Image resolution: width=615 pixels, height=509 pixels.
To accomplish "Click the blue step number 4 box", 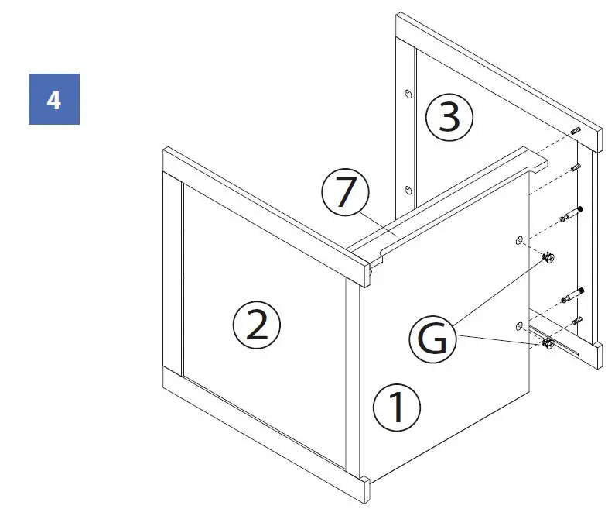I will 54,98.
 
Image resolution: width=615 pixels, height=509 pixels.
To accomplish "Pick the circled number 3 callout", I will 449,117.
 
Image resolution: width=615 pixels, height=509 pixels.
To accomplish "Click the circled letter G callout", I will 434,339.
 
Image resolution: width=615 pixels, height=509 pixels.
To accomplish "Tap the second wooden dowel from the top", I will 576,167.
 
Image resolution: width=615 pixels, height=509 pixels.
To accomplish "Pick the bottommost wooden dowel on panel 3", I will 575,320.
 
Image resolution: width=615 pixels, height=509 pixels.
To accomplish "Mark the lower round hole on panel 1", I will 518,325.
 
